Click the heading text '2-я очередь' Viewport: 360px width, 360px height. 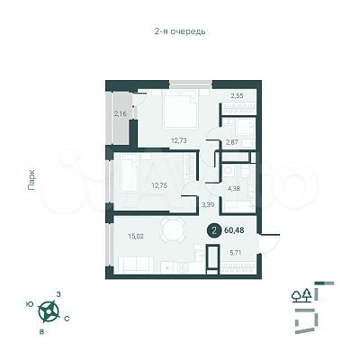(180, 31)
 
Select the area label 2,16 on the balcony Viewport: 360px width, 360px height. (121, 113)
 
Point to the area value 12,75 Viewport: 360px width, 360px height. (159, 186)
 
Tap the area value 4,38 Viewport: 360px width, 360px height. (234, 188)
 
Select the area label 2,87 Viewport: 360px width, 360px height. (233, 143)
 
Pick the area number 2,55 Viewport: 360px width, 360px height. (237, 94)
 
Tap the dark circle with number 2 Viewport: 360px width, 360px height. (212, 229)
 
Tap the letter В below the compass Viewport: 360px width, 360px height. (41, 330)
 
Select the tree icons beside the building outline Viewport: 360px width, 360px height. (302, 293)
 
